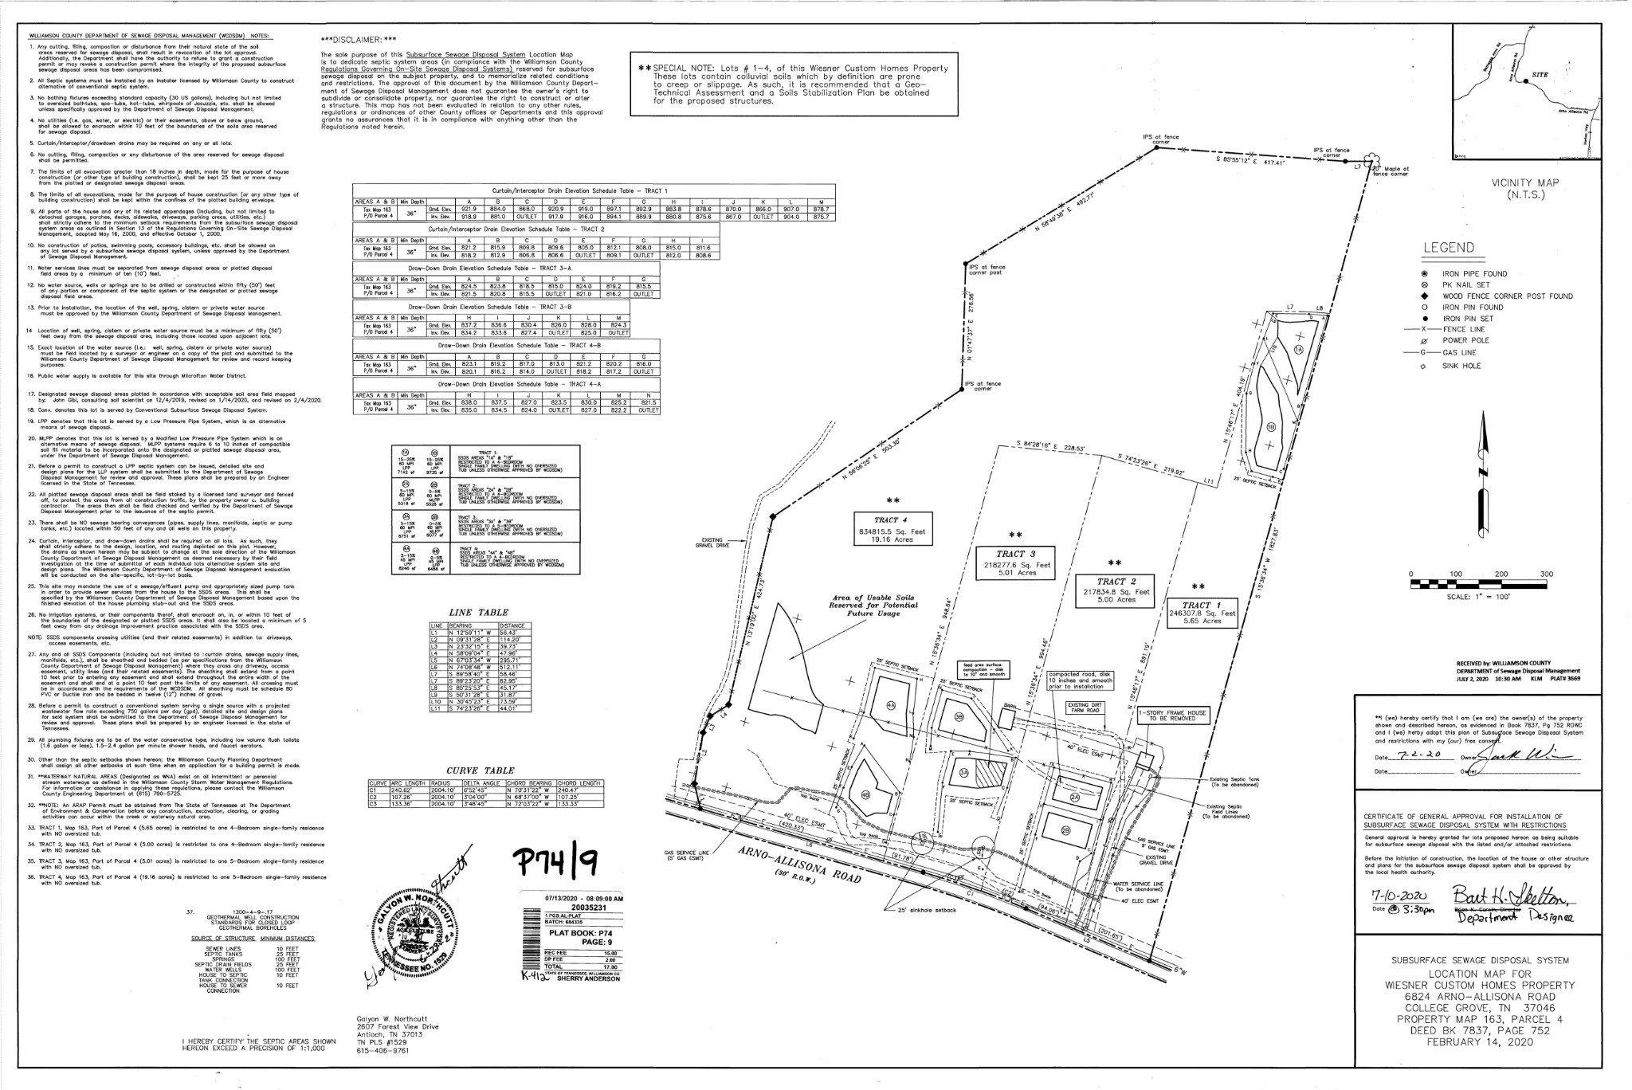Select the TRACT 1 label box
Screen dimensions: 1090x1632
pos(1202,613)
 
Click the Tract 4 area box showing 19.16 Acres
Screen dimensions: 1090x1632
pos(892,525)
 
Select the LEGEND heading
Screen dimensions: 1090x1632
pos(1448,248)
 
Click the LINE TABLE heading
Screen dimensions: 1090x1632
pos(479,611)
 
